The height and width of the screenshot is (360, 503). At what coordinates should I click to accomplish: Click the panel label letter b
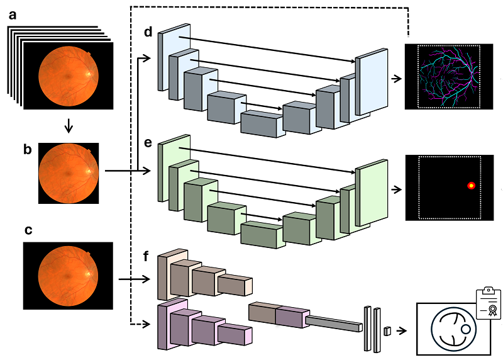[27, 150]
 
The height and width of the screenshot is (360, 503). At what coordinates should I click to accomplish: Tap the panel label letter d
[148, 32]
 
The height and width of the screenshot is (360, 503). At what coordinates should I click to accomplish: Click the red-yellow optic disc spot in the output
[471, 185]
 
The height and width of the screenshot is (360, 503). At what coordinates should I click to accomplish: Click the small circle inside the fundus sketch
[466, 328]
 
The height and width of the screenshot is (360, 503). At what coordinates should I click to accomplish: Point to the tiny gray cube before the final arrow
[387, 330]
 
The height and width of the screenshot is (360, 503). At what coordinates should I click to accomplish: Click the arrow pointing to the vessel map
[396, 79]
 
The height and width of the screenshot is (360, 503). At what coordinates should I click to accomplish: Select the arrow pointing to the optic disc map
[396, 188]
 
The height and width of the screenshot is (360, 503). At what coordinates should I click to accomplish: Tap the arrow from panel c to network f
[132, 278]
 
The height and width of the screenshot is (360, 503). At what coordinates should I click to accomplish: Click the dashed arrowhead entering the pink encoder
[147, 325]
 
